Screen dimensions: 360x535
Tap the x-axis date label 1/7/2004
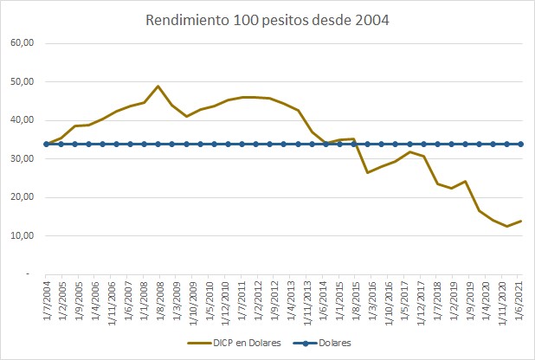point(48,299)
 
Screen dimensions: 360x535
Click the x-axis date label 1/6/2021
point(520,299)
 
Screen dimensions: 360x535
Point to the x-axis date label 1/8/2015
point(353,299)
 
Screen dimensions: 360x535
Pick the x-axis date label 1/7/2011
point(242,299)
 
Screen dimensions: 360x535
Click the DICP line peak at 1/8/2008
point(158,86)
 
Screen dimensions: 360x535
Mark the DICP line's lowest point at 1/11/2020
point(506,226)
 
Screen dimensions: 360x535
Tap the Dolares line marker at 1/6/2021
point(520,144)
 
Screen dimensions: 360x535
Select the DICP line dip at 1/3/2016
point(367,172)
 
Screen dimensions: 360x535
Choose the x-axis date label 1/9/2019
point(465,299)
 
